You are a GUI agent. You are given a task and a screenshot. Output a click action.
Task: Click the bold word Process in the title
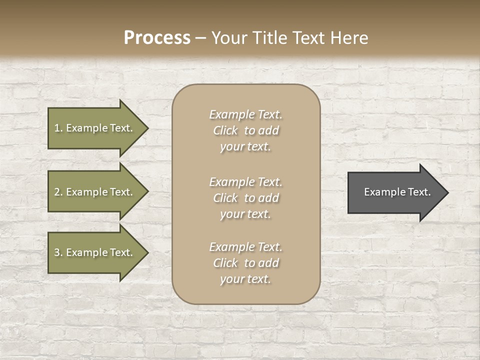[x=157, y=38]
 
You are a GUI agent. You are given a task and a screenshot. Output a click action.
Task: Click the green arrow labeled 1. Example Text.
[x=95, y=128]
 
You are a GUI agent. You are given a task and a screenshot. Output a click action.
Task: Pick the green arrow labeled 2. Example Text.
[x=95, y=192]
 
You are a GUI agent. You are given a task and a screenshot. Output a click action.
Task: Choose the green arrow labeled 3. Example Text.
[x=95, y=252]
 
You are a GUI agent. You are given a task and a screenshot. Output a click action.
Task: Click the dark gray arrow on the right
[x=395, y=192]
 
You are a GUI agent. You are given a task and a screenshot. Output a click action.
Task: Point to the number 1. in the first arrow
[x=58, y=128]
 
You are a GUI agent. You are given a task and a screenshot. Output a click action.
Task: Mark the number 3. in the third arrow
[x=58, y=253]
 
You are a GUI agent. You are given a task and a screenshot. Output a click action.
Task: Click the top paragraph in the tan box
[x=245, y=130]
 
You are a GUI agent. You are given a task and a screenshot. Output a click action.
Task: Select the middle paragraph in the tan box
[x=245, y=198]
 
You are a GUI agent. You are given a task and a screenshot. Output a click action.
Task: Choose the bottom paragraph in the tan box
[x=245, y=263]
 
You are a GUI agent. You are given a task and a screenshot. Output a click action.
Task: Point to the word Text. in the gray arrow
[x=419, y=192]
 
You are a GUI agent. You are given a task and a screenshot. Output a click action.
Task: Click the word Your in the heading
[x=228, y=38]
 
